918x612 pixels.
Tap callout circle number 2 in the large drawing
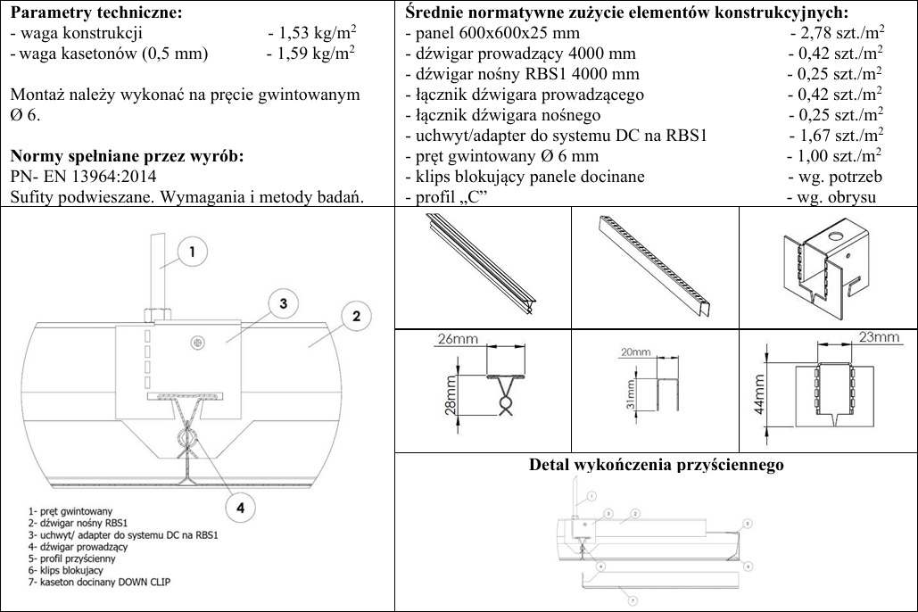click(355, 316)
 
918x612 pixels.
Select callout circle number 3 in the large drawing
click(283, 303)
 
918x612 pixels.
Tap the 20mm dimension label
click(640, 352)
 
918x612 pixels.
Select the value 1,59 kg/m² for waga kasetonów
click(312, 53)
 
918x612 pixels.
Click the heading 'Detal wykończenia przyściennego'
click(657, 466)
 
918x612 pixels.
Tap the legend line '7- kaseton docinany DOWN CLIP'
click(93, 580)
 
